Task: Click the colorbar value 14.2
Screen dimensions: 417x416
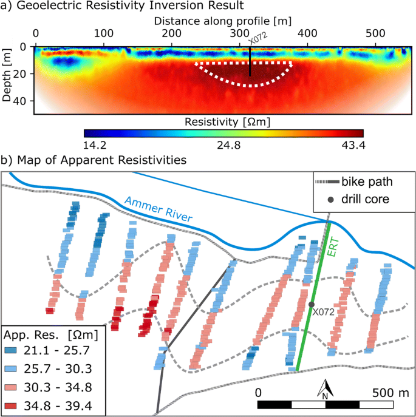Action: pyautogui.click(x=94, y=145)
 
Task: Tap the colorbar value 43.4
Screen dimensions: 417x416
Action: pyautogui.click(x=351, y=145)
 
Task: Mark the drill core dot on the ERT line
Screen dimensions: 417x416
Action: pyautogui.click(x=311, y=304)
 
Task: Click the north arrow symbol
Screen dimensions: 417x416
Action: pyautogui.click(x=325, y=388)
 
